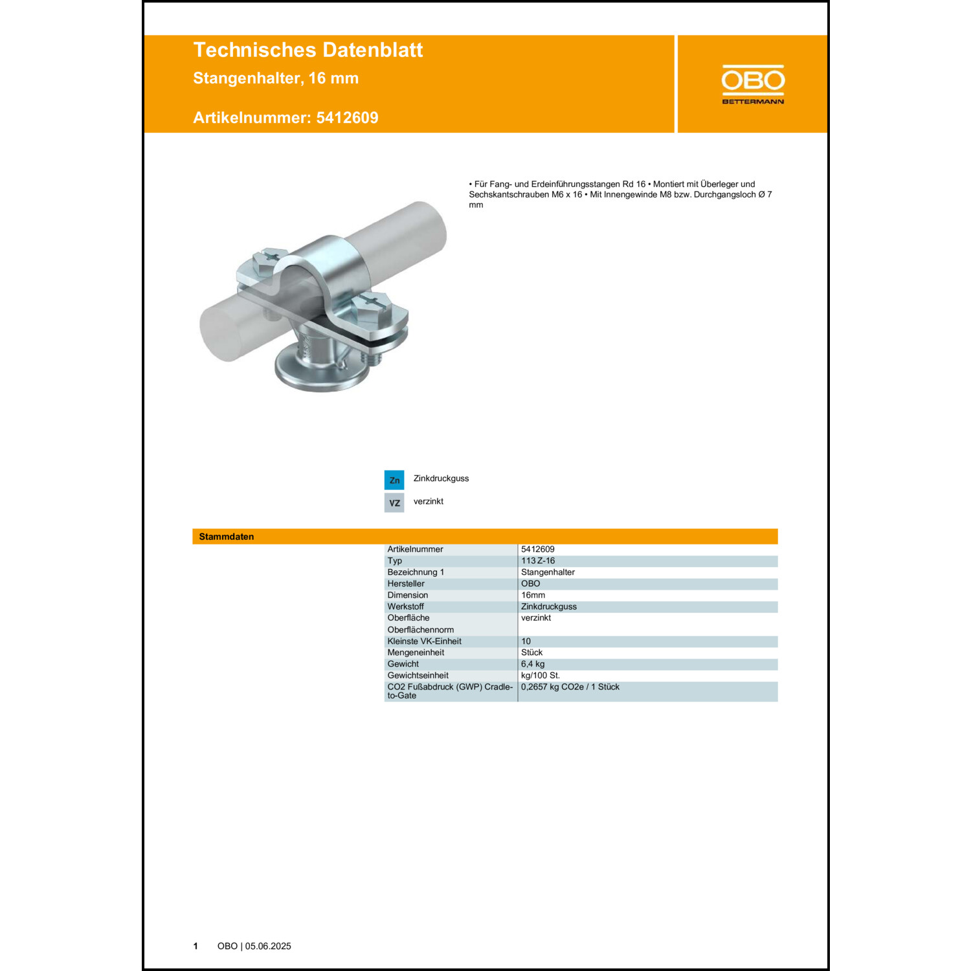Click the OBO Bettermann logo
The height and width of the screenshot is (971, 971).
pos(753,84)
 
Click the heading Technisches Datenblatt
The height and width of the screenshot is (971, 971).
pos(307,50)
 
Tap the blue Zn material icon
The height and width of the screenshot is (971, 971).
pos(394,480)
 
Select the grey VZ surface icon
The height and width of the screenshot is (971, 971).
pos(394,502)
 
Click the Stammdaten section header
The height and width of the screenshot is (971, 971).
pos(227,537)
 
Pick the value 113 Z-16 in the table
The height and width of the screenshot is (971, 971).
pos(538,561)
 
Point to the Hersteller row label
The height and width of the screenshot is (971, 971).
pos(406,584)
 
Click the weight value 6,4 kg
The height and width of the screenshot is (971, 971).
pos(533,664)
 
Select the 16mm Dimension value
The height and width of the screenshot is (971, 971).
pos(533,596)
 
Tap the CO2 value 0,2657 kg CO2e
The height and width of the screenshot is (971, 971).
pos(570,687)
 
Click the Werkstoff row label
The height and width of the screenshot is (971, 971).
pos(406,607)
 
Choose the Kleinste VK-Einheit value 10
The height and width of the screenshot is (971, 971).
pos(526,642)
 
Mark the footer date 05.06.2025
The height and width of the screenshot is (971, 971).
pos(268,946)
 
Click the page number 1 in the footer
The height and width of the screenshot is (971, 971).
pos(195,946)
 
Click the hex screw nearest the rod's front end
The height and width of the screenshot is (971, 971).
pos(269,259)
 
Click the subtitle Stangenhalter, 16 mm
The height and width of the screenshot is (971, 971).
pos(276,78)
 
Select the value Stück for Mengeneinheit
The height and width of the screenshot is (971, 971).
pos(532,653)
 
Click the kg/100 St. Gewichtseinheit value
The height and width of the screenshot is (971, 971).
pos(541,675)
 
